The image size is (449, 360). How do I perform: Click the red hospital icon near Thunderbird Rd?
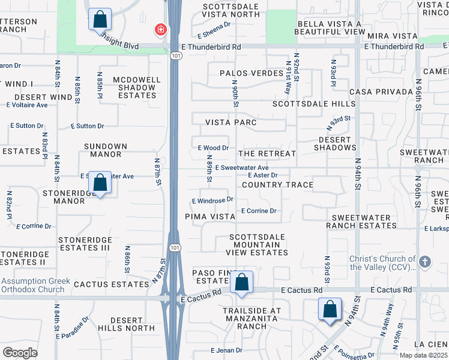[x=160, y=29]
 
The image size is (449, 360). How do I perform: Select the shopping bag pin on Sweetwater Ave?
[x=101, y=182]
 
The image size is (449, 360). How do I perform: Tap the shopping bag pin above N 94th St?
[x=330, y=309]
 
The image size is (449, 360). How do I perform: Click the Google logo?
[x=20, y=352]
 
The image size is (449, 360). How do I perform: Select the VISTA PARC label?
[x=231, y=122]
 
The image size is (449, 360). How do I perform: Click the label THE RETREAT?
[x=267, y=154]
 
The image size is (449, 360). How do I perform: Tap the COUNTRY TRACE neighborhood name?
[x=277, y=185]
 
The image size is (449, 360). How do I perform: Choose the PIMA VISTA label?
[x=209, y=216]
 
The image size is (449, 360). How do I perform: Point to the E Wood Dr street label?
[x=213, y=148]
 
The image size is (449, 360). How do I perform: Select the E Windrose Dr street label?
[x=212, y=200]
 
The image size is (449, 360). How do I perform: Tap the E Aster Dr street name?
[x=262, y=175]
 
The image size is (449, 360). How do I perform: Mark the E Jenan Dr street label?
[x=226, y=350]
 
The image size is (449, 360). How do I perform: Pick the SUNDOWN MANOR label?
[x=106, y=150]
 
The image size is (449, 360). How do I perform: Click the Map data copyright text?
[x=423, y=355]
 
